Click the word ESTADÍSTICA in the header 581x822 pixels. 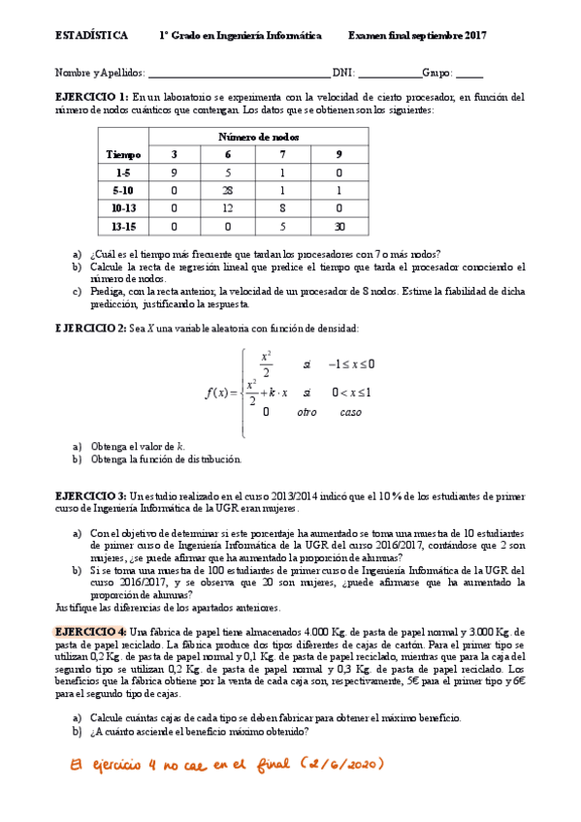(x=91, y=36)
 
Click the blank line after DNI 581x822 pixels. (x=389, y=73)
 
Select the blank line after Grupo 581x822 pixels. (x=468, y=73)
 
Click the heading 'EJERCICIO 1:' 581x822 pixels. (x=92, y=97)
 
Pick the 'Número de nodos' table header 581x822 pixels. (x=258, y=137)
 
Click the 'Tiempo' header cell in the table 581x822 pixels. (x=124, y=154)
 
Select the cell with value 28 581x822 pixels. (x=228, y=190)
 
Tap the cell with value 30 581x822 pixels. (x=339, y=225)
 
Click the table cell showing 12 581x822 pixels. (x=228, y=207)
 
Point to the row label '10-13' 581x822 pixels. (x=124, y=207)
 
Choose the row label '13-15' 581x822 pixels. (x=124, y=225)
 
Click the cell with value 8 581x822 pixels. (x=283, y=207)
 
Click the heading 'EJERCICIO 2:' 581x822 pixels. (x=92, y=330)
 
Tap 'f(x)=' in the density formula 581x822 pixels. (x=222, y=393)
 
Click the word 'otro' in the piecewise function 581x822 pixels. (x=307, y=412)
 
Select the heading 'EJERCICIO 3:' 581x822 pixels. (x=92, y=495)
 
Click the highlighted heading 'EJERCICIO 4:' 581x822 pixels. (x=92, y=631)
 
